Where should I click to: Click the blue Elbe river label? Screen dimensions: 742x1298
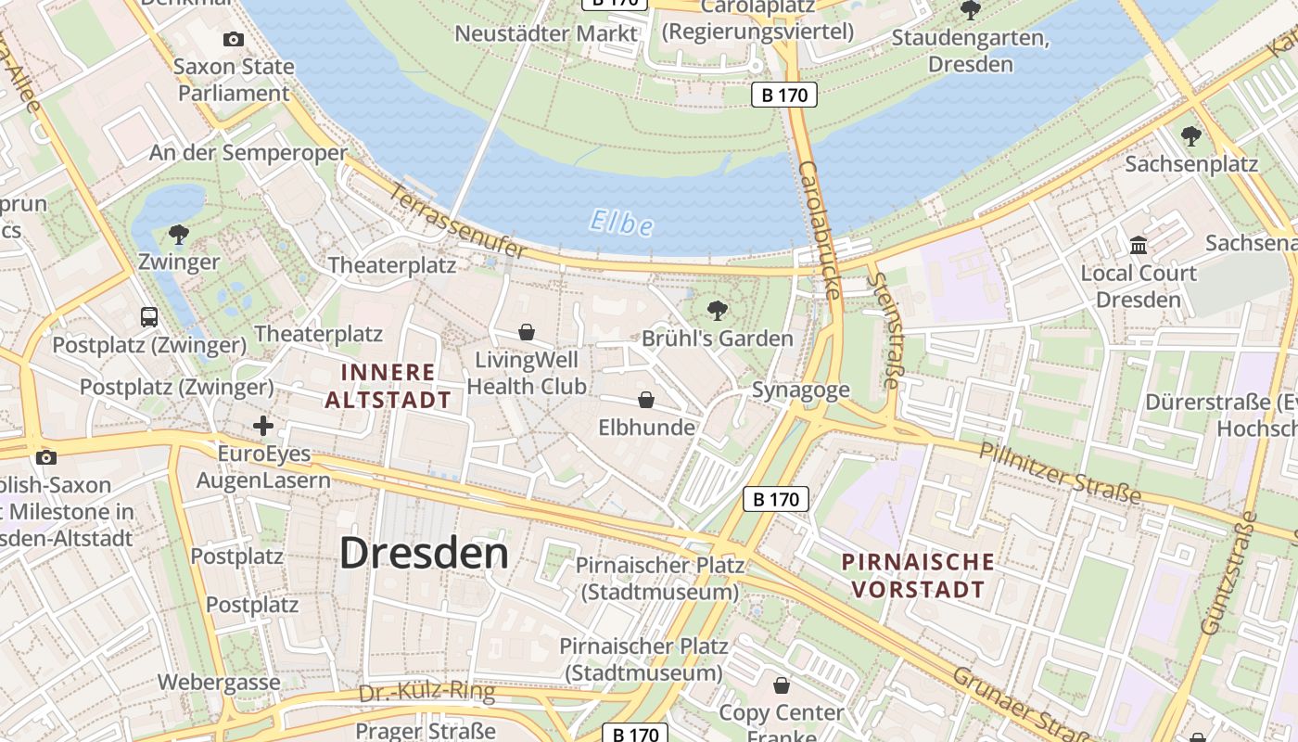point(621,224)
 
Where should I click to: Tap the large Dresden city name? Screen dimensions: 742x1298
point(424,554)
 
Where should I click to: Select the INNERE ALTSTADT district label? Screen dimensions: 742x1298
point(388,386)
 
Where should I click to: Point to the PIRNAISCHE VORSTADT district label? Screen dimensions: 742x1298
point(918,575)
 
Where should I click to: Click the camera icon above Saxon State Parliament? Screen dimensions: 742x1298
point(234,39)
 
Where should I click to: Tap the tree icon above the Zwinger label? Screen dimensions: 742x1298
point(179,235)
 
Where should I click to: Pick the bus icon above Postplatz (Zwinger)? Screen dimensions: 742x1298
point(149,317)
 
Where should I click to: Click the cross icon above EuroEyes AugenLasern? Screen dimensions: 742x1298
point(263,426)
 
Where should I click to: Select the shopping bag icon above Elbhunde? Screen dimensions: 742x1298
point(646,400)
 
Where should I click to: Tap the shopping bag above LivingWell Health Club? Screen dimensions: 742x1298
point(527,332)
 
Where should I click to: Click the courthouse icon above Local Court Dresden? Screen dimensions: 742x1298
point(1139,245)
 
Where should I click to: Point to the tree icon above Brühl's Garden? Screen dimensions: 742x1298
point(717,311)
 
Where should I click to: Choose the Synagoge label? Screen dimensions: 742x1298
point(800,390)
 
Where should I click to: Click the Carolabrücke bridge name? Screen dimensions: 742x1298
point(820,229)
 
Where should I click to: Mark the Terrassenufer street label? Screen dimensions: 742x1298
point(458,222)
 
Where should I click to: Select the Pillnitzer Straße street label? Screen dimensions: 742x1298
point(1061,473)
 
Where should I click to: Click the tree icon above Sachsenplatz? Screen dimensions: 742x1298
point(1191,136)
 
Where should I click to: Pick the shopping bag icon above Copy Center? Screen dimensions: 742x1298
point(782,685)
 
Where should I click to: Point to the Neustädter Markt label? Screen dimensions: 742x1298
point(546,33)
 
